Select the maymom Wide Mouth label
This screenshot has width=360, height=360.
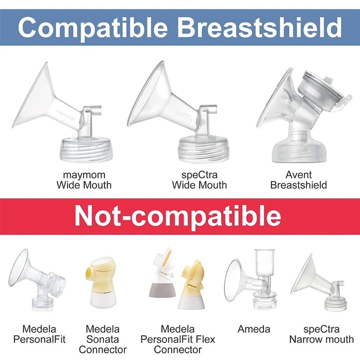tap(84, 180)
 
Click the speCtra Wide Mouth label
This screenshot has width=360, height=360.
tap(199, 180)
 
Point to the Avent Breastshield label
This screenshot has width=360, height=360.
tap(298, 180)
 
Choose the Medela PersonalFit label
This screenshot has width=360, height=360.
tap(39, 334)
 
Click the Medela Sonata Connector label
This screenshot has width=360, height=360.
tap(103, 339)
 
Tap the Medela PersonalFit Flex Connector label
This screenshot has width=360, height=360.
tap(177, 339)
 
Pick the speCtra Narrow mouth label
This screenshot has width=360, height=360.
tap(321, 334)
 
